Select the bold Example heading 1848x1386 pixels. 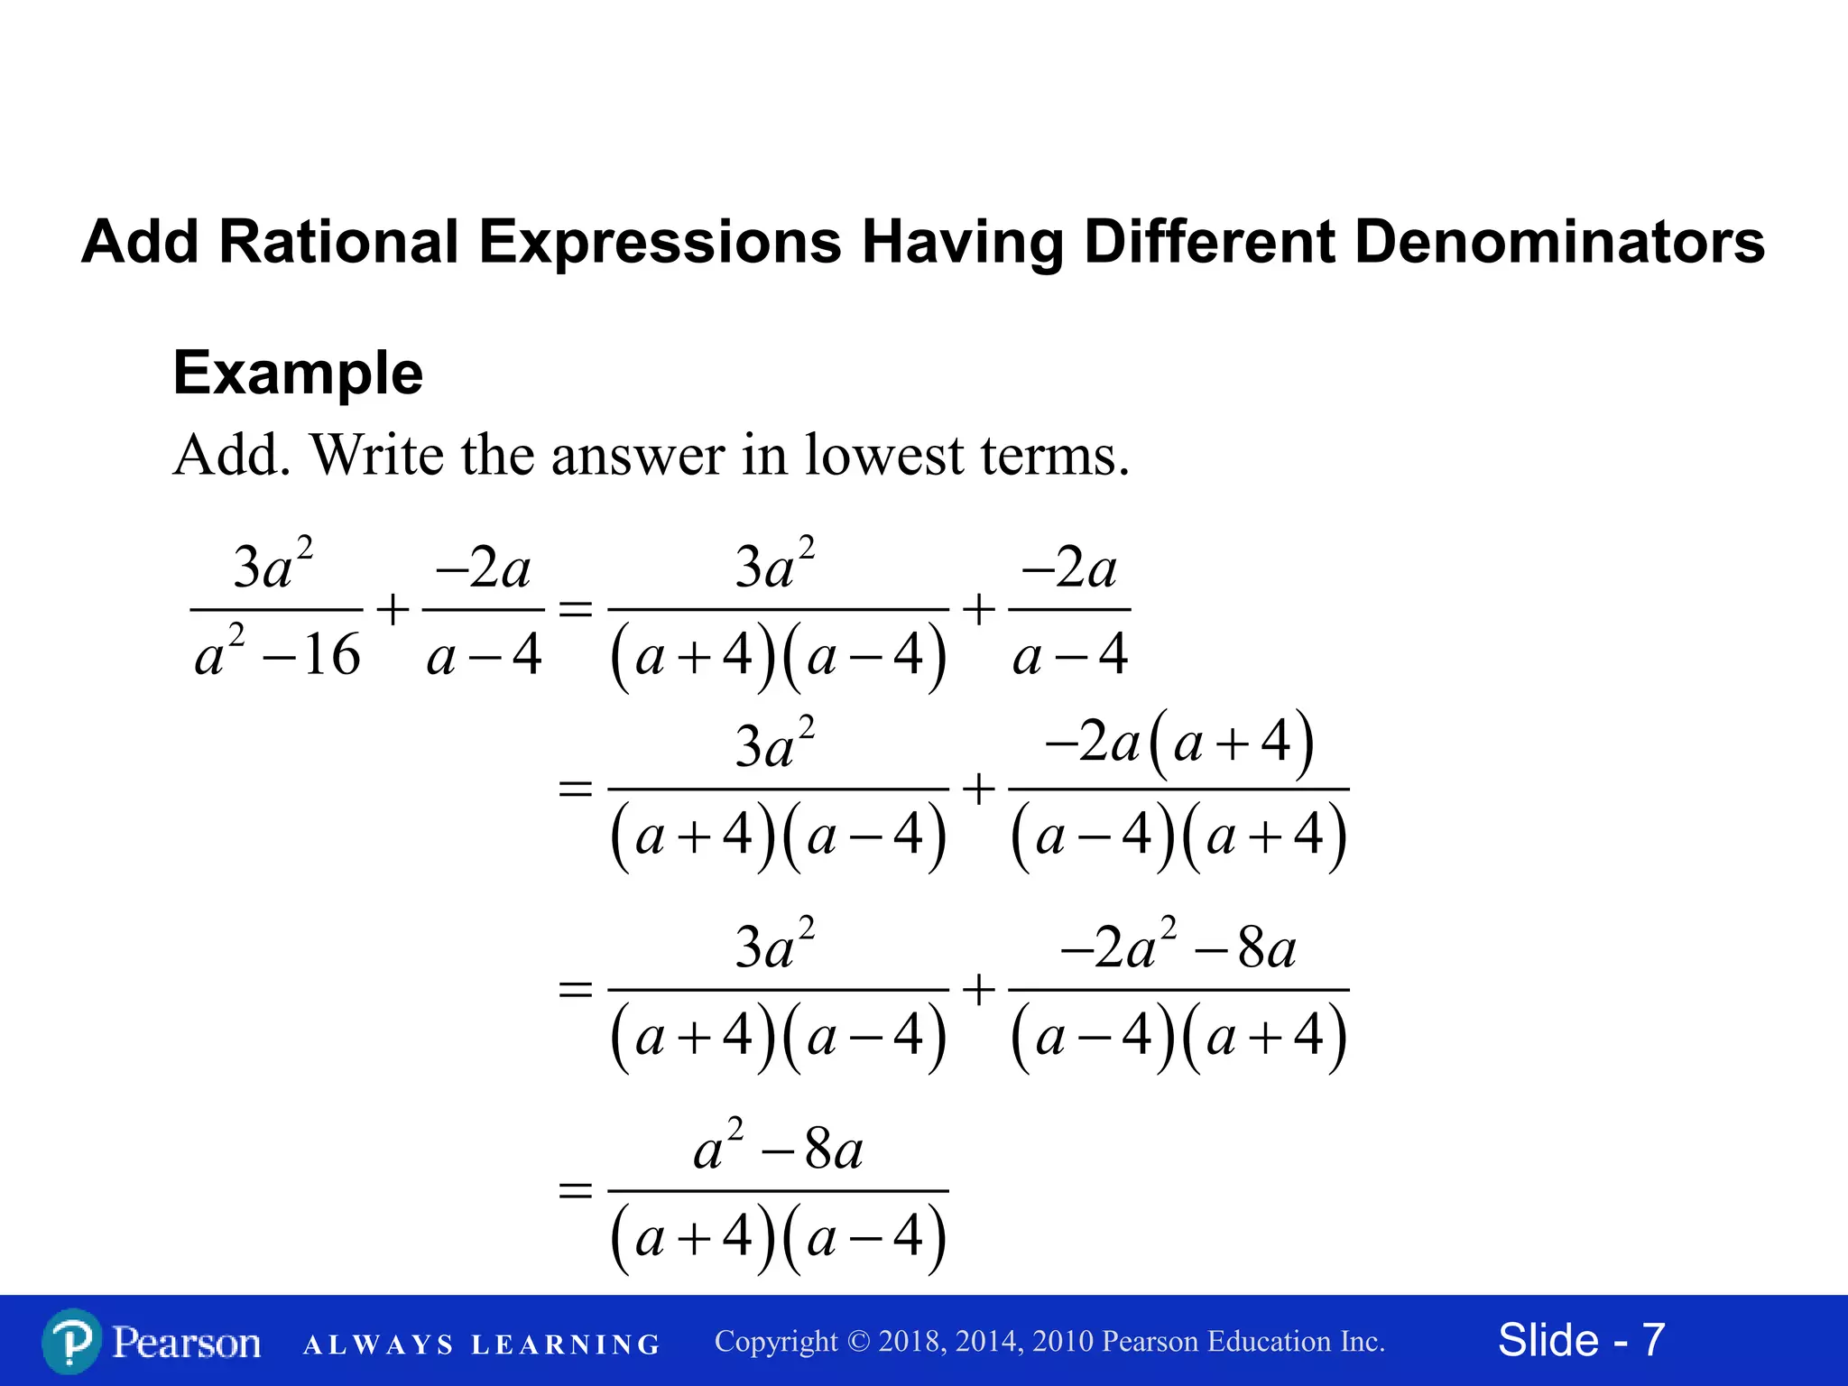click(298, 373)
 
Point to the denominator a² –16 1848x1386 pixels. click(277, 653)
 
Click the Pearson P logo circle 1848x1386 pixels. click(72, 1342)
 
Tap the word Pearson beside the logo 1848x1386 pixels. click(186, 1343)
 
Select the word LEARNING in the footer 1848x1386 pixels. click(567, 1344)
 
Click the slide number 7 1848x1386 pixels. click(1652, 1340)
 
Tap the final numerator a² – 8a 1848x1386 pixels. click(778, 1150)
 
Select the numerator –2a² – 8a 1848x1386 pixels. click(1178, 948)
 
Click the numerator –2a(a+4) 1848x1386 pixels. click(1178, 744)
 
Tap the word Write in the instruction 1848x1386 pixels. click(377, 455)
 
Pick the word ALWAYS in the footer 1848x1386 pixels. click(379, 1344)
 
